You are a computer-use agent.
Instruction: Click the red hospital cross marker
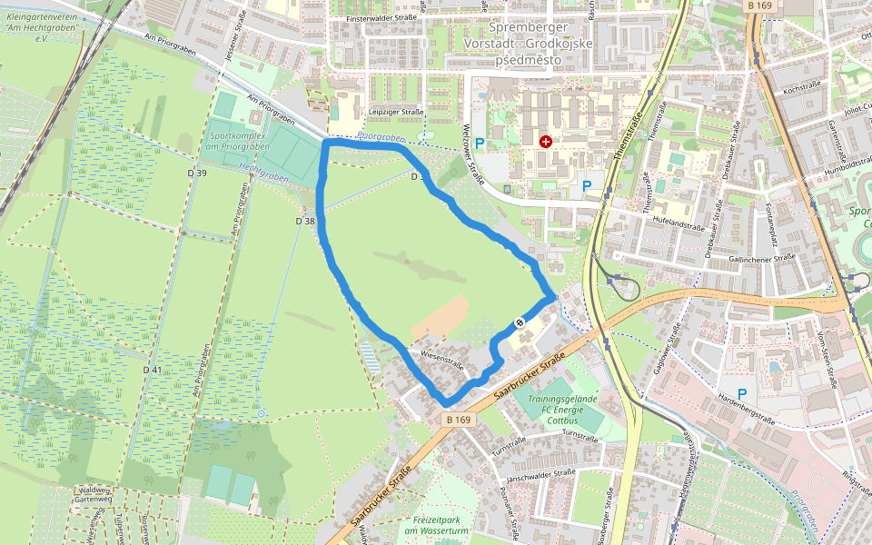point(546,142)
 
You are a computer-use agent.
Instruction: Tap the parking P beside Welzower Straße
point(480,143)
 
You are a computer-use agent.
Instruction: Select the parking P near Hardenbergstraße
point(742,394)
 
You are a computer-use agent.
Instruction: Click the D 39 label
point(196,173)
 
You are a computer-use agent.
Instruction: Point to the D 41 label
point(152,370)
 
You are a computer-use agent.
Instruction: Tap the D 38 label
point(305,221)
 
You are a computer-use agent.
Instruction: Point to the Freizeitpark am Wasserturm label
point(431,524)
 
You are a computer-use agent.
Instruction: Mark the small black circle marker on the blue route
point(519,322)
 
